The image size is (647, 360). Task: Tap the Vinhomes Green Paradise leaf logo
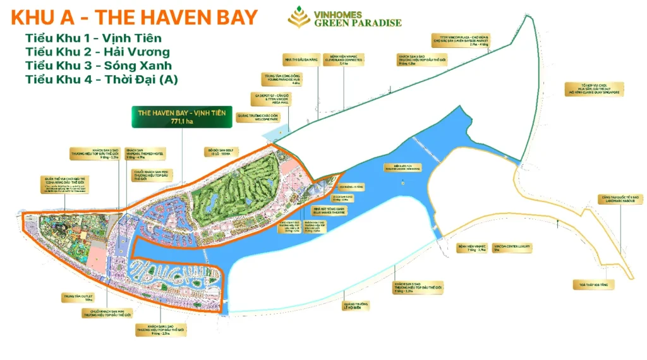pos(294,18)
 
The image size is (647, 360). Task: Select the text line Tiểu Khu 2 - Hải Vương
pos(97,52)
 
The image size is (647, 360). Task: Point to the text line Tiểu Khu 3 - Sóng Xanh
pos(99,66)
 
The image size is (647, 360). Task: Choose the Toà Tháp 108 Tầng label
pos(594,285)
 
